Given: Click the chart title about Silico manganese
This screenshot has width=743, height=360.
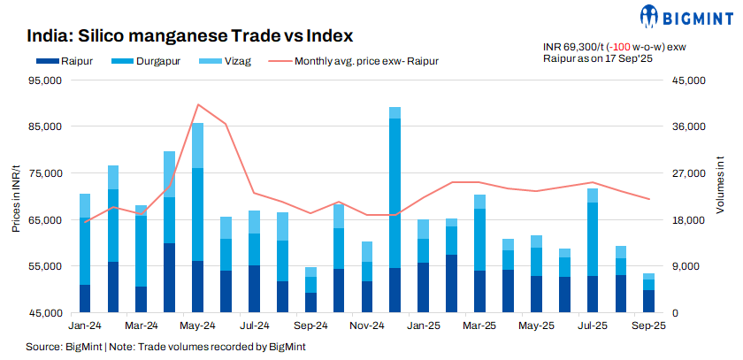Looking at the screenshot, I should click(190, 36).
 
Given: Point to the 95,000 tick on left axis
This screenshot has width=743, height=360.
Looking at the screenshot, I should click(43, 80).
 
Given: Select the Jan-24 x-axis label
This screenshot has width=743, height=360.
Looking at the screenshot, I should click(85, 326).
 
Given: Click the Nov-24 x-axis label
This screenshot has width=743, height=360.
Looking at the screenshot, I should click(365, 326).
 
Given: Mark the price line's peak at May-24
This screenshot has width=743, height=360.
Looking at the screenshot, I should click(197, 104).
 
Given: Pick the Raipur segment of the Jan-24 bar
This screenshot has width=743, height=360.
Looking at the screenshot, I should click(85, 298).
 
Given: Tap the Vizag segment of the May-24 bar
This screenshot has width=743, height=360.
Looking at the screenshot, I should click(197, 145).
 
